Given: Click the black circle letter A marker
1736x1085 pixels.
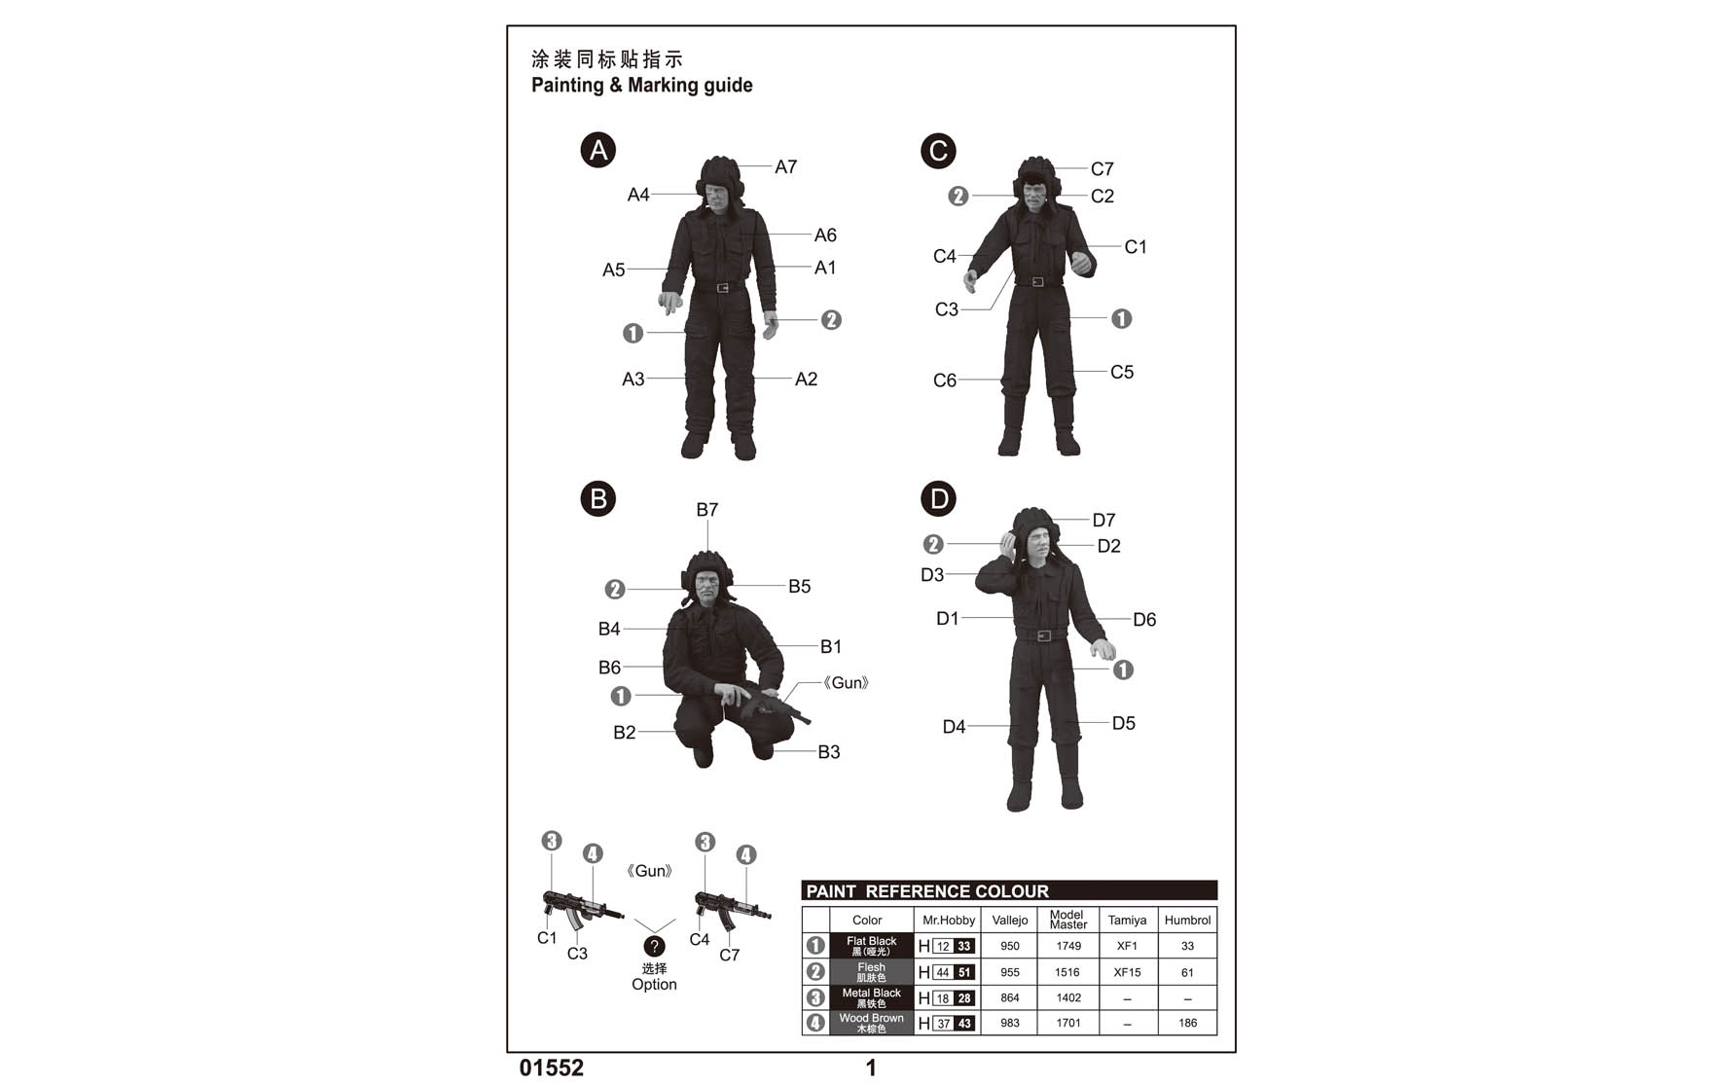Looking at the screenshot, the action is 598,150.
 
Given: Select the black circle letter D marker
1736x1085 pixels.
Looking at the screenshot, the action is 939,499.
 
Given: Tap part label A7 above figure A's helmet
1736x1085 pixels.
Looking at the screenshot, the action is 786,167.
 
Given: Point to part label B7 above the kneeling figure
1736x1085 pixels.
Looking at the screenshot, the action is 707,510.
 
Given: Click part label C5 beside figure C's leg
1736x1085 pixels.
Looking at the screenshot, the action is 1122,372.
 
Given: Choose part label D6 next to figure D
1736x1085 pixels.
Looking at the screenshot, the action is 1144,620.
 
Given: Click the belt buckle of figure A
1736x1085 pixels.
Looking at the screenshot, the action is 722,287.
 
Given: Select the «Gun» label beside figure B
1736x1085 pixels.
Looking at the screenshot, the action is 846,683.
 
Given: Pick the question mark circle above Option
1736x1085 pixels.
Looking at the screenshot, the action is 655,946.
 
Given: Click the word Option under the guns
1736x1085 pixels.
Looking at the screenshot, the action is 654,985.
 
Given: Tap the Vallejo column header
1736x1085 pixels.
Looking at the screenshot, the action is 1010,920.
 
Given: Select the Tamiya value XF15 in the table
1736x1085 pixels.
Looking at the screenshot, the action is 1127,972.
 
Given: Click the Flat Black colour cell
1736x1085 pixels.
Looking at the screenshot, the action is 872,946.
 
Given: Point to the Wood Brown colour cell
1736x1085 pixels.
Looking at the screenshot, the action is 872,1023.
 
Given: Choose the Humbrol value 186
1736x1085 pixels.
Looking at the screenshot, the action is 1187,1023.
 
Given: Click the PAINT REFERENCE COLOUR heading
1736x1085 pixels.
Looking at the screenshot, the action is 927,891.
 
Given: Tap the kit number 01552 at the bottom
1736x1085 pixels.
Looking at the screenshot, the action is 552,1068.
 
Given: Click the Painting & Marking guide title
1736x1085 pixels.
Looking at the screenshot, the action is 642,86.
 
